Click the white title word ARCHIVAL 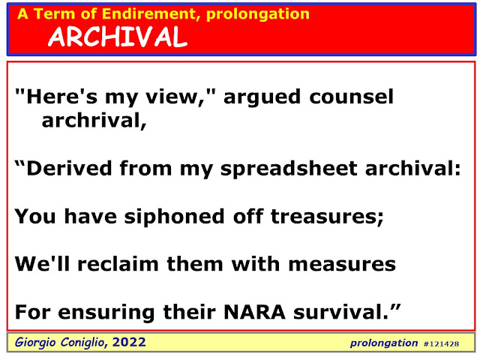point(118,37)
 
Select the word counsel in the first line point(351,97)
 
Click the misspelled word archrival point(94,120)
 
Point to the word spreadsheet point(289,169)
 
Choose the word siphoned point(175,216)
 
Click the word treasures point(327,217)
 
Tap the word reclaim point(118,264)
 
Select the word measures point(342,265)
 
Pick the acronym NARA point(254,312)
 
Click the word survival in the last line point(341,312)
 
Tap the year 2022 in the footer point(129,342)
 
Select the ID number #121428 point(441,344)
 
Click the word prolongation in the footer point(384,343)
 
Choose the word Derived point(69,168)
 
